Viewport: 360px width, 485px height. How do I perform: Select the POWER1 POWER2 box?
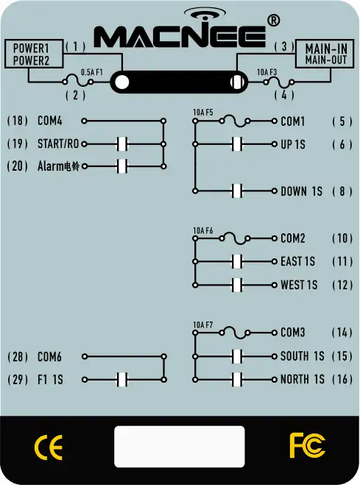pos(34,54)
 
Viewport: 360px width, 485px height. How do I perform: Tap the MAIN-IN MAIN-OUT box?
pos(325,54)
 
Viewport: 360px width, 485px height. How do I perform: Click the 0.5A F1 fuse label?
pos(91,72)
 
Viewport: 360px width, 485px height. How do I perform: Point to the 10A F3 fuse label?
pos(267,72)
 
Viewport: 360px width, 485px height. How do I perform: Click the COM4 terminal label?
pos(50,121)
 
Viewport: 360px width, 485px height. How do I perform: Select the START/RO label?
pos(58,144)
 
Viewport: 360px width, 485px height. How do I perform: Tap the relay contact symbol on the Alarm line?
pos(122,166)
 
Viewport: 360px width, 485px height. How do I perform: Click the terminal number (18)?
pos(18,121)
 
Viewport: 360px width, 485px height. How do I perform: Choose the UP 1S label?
pos(293,144)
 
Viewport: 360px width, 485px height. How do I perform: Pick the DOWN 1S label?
pos(302,191)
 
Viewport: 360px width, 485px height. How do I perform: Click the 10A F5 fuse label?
pos(203,113)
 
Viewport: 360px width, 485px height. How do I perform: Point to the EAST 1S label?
pos(298,262)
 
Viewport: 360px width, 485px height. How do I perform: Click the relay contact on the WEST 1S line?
pos(237,285)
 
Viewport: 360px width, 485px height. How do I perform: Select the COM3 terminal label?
pos(293,333)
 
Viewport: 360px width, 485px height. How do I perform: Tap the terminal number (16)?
pos(342,379)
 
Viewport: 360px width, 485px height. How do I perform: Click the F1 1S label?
pos(50,380)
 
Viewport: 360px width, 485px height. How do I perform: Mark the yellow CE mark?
pos(49,447)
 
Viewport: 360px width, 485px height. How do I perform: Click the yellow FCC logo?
pos(307,446)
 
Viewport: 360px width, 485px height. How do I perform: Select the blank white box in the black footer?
pos(180,447)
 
